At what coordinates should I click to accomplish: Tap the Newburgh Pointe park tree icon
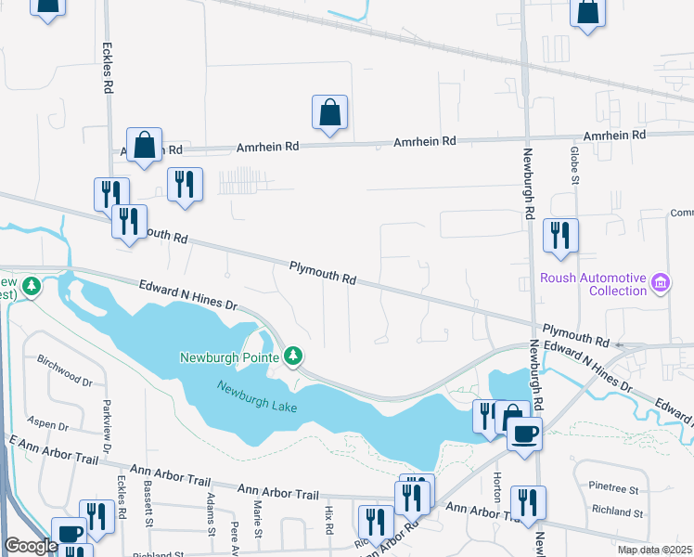[x=294, y=356]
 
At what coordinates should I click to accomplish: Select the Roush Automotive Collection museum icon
[x=661, y=282]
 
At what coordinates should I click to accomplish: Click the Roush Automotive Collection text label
[x=593, y=284]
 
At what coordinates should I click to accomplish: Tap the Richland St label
[x=618, y=512]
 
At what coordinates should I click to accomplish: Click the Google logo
[x=31, y=546]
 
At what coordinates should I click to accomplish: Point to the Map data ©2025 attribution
[x=651, y=550]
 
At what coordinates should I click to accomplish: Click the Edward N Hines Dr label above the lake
[x=189, y=296]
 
